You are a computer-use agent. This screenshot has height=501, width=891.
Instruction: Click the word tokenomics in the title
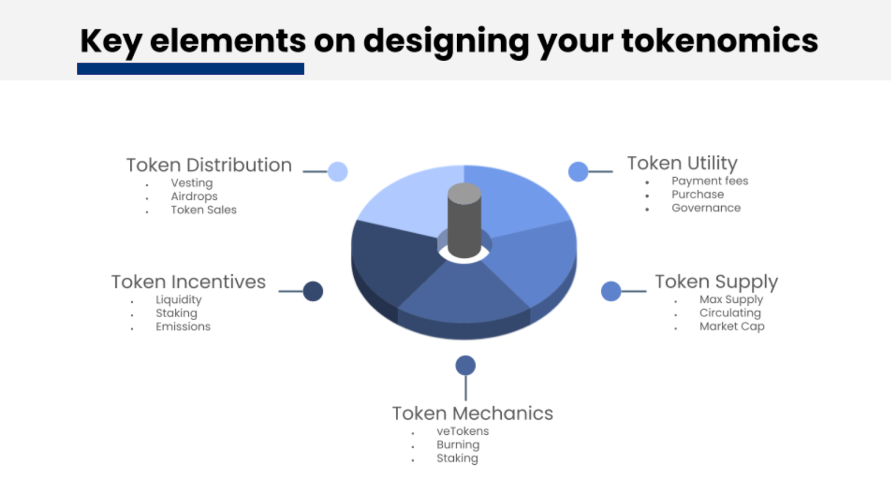coord(719,41)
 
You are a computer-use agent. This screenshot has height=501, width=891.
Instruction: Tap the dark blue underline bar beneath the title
coord(190,69)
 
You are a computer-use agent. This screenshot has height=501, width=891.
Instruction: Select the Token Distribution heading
coord(209,165)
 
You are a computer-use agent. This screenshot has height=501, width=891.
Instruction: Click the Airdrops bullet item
coord(194,197)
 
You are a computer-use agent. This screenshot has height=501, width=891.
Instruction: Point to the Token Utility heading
coord(682,163)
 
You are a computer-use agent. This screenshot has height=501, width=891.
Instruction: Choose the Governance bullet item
coord(706,208)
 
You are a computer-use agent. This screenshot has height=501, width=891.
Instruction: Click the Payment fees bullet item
coord(710,181)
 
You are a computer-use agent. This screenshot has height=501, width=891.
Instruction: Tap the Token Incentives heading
coord(189,282)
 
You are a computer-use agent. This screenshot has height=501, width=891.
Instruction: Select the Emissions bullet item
coord(183,326)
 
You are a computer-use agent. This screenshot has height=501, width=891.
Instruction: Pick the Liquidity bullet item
coord(179,300)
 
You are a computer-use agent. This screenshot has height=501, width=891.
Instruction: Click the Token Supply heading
coord(716,282)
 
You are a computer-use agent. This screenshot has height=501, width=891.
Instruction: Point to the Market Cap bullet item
coord(732,326)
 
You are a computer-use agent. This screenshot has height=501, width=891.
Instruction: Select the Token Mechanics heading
coord(473,413)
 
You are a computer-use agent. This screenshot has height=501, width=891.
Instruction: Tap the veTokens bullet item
coord(463,431)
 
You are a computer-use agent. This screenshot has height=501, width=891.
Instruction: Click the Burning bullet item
coord(458,445)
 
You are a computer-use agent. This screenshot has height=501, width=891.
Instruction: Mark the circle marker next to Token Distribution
coord(337,172)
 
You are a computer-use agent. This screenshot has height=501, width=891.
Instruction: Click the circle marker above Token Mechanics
coord(466,365)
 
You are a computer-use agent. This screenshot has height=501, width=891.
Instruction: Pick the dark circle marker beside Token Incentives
coord(313,292)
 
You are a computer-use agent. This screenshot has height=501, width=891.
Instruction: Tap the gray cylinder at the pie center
coord(464,220)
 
